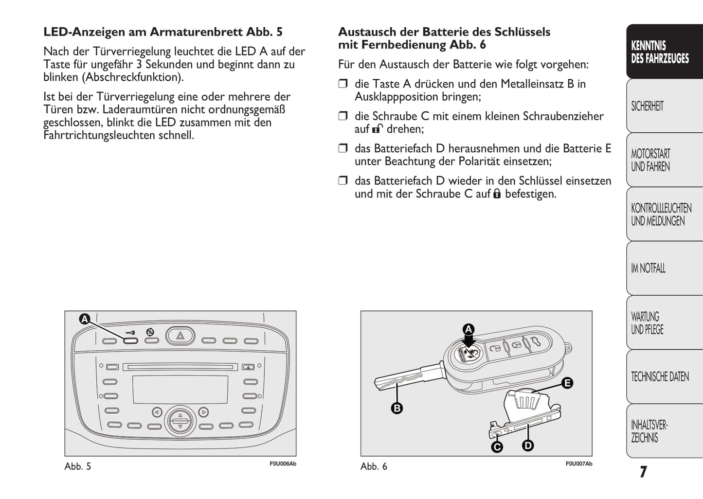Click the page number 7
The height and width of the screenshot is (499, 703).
click(643, 472)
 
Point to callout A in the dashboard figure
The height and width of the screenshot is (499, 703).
click(85, 319)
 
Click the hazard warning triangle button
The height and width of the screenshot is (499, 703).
click(180, 336)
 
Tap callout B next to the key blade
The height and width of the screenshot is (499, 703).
click(397, 408)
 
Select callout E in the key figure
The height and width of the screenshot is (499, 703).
click(567, 383)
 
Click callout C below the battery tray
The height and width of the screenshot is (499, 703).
click(497, 446)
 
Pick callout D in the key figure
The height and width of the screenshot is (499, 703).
click(528, 445)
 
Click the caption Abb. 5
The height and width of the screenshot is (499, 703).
click(78, 466)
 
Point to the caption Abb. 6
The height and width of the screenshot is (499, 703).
click(374, 466)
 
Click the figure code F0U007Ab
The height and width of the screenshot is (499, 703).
click(578, 464)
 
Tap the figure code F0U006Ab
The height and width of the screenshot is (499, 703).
click(283, 464)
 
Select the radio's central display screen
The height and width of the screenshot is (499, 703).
click(180, 389)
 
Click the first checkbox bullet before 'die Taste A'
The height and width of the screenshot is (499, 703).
click(343, 84)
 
